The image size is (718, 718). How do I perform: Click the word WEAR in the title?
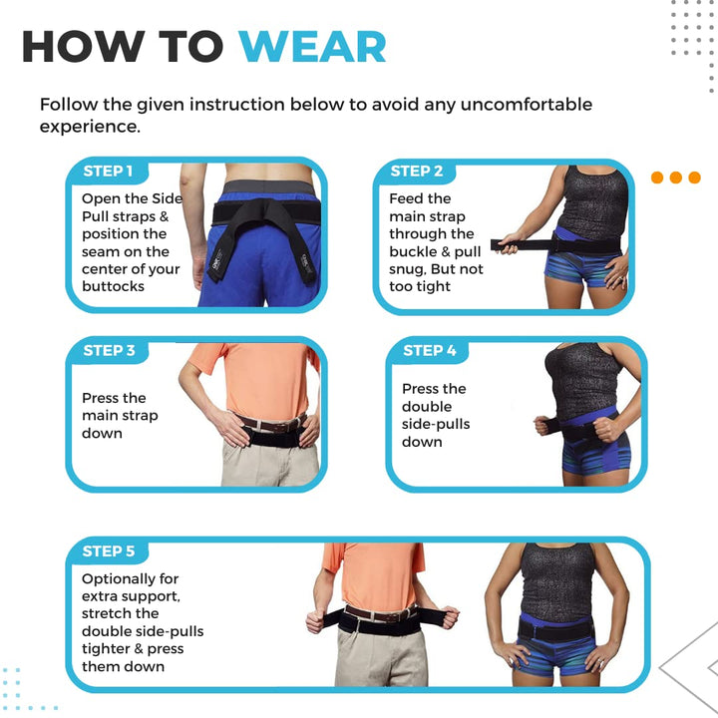click(x=312, y=48)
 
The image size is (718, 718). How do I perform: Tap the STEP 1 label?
click(x=108, y=171)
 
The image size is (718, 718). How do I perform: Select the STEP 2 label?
click(x=417, y=171)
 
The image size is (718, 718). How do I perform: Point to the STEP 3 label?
click(x=110, y=350)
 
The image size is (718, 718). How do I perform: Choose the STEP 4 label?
click(x=430, y=350)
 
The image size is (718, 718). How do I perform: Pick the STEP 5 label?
click(x=109, y=550)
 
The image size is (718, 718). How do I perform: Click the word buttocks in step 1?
click(x=114, y=286)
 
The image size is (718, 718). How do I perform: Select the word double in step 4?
click(x=427, y=406)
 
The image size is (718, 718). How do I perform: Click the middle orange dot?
click(x=676, y=178)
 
